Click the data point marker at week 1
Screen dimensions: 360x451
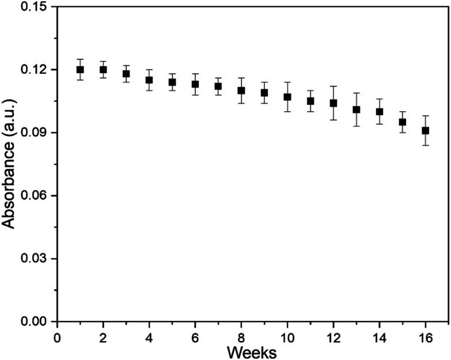(x=80, y=70)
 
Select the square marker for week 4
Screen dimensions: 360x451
(x=149, y=80)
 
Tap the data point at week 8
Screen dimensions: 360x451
(x=241, y=90)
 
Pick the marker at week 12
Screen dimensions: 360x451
(x=333, y=103)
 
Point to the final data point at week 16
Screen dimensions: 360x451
(x=426, y=131)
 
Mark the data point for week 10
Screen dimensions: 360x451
(x=287, y=97)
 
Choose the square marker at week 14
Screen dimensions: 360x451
(x=380, y=112)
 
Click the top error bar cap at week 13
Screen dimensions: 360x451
(x=357, y=93)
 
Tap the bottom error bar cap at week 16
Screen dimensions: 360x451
(x=426, y=145)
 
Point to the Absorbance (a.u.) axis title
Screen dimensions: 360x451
(x=9, y=164)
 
